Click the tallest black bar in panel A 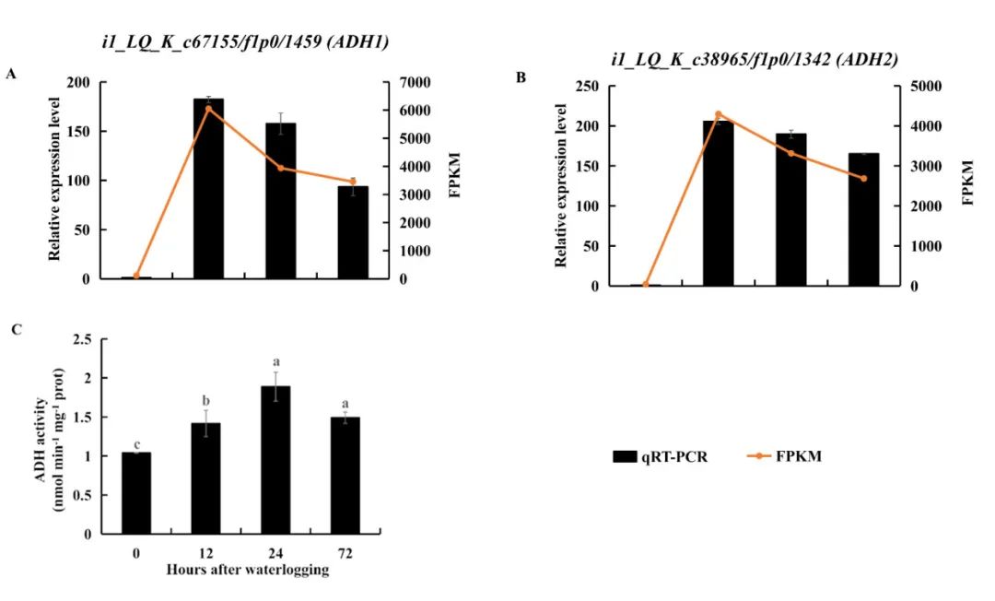tap(208, 188)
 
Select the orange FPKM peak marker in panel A tap(208, 109)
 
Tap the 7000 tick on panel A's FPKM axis tap(414, 83)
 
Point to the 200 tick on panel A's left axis tap(78, 83)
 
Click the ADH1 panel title tap(245, 42)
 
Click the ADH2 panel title tap(755, 60)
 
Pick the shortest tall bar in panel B tap(863, 219)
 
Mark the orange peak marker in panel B tap(719, 114)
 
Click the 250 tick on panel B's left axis tap(586, 86)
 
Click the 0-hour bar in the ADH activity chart tap(136, 493)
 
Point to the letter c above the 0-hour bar tap(136, 445)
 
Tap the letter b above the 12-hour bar tap(205, 401)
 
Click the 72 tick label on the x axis tap(345, 554)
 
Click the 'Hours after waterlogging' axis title tap(248, 570)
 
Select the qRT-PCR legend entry tap(660, 457)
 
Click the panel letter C tap(17, 329)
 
